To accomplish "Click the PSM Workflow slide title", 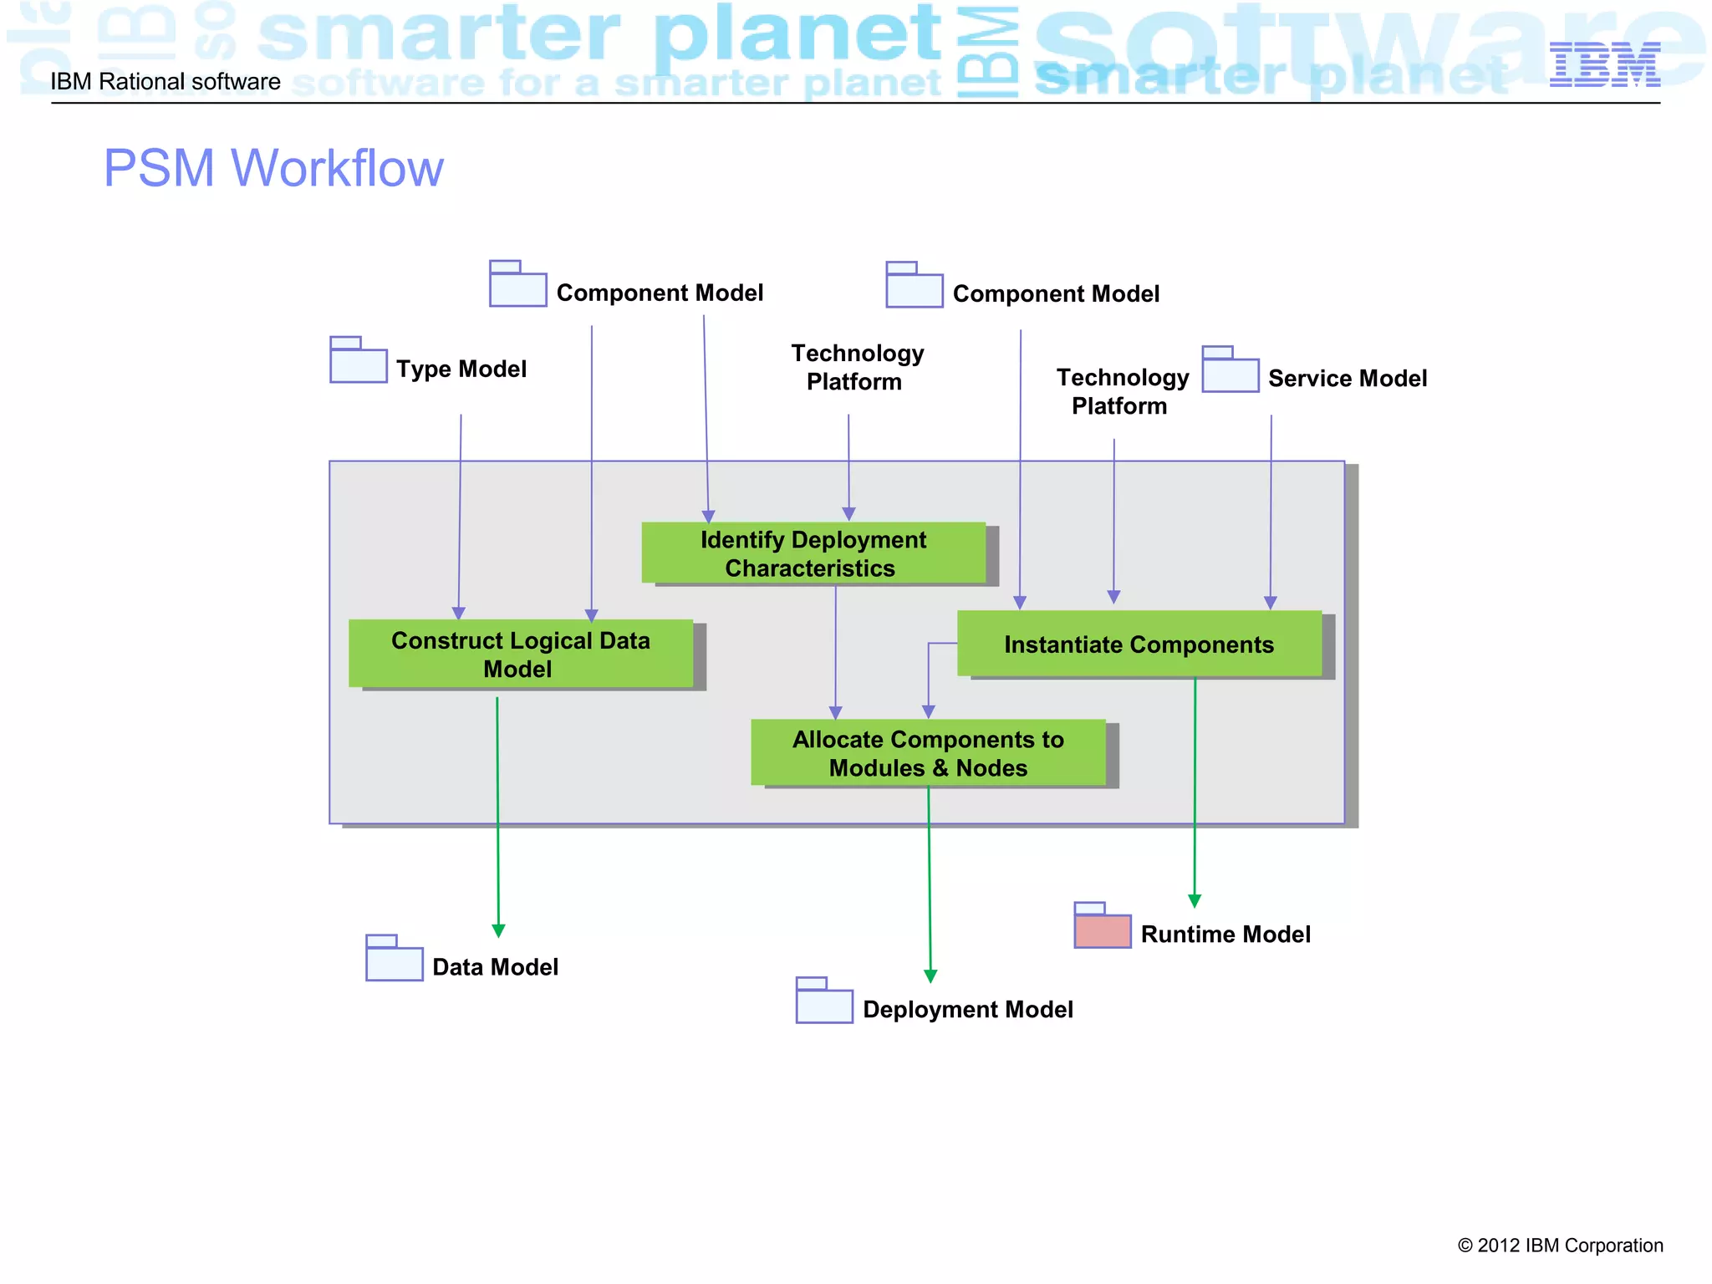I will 273,168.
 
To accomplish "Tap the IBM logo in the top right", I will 1604,64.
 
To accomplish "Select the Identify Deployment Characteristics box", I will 813,553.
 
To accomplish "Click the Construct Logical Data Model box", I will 520,654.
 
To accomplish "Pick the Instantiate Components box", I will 1139,644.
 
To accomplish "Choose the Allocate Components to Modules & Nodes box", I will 928,752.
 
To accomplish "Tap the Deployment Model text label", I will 967,1009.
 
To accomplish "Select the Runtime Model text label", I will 1225,934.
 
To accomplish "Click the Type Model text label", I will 461,369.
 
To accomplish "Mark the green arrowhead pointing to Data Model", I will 498,930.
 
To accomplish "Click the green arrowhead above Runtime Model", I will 1195,900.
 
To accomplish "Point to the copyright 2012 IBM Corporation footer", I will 1560,1246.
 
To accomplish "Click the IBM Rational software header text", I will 166,82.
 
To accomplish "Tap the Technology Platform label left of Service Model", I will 1121,391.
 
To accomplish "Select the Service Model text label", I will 1347,378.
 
